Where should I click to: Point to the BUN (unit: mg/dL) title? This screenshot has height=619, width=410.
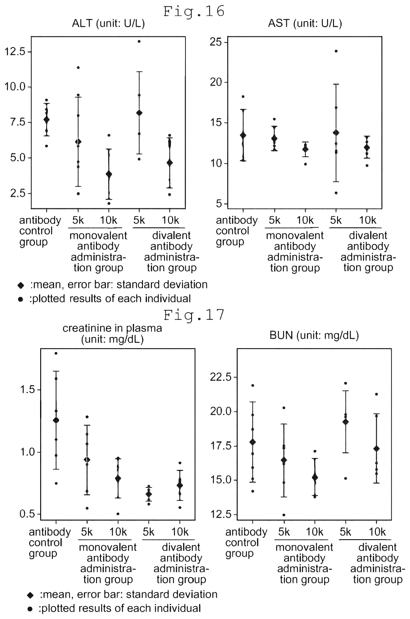tap(314, 335)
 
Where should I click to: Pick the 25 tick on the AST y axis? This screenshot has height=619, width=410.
tap(216, 42)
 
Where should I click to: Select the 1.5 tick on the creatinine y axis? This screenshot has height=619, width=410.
tap(27, 390)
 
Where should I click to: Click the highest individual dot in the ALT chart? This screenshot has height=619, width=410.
tap(139, 41)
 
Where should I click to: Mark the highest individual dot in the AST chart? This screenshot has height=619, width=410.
tap(336, 51)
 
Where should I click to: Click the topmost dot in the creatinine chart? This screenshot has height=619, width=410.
tap(56, 353)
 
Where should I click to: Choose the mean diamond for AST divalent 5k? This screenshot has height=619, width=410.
tap(336, 133)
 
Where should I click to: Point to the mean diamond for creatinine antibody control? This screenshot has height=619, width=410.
tap(56, 420)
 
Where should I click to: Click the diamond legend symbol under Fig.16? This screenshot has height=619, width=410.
tap(21, 285)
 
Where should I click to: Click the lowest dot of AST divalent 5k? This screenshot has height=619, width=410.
tap(336, 193)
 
